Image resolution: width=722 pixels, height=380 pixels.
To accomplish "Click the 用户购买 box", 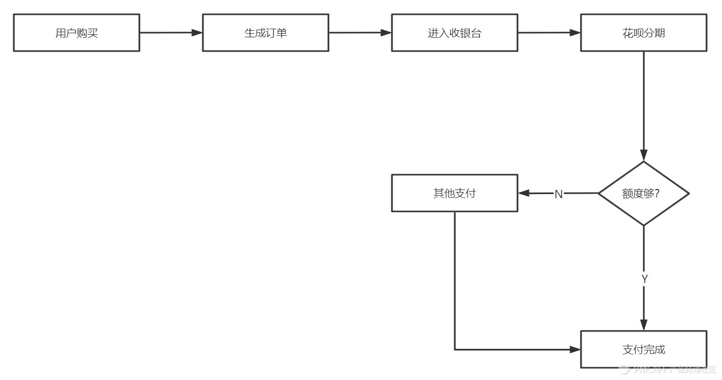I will (77, 33).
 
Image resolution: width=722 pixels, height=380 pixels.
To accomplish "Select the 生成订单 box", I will (266, 33).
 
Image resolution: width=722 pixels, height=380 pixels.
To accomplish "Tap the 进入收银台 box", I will (455, 33).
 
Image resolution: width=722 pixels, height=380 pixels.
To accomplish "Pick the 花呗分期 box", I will (644, 33).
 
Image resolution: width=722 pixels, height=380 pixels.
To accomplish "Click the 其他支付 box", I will (455, 193).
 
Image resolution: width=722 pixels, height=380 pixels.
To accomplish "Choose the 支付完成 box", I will (644, 349).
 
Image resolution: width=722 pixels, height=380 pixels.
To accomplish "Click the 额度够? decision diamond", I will (644, 194).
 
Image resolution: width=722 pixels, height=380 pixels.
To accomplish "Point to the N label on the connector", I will (558, 194).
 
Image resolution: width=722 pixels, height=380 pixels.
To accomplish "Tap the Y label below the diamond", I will (644, 279).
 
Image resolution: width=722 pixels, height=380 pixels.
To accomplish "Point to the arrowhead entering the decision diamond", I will (644, 155).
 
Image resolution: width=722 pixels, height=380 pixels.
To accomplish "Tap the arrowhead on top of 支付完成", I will (644, 325).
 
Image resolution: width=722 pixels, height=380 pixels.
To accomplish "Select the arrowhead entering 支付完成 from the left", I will (575, 349).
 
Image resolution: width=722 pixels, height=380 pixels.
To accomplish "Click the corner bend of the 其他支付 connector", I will (455, 349).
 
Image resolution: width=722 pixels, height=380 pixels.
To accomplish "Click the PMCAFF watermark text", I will (669, 370).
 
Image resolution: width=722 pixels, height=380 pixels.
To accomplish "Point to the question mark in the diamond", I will (656, 194).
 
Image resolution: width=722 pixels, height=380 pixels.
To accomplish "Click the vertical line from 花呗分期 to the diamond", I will (644, 102).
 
